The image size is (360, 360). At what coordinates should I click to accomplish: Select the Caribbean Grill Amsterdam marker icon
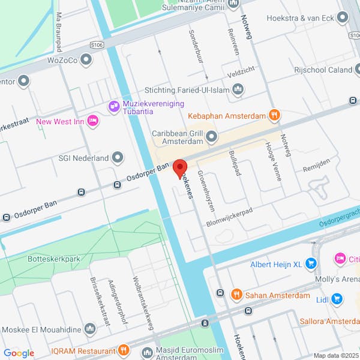point(211,137)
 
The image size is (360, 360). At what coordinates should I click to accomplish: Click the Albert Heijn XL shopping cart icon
point(310,263)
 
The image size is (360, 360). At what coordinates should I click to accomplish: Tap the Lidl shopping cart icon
point(337,298)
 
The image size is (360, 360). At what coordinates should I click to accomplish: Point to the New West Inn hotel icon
point(93,121)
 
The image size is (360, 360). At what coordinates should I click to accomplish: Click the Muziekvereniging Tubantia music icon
point(113,107)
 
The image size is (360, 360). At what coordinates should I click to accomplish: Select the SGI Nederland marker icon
point(118,158)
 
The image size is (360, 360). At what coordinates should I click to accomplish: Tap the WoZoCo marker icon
point(87,60)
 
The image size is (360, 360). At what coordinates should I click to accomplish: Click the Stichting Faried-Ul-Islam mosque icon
point(238,90)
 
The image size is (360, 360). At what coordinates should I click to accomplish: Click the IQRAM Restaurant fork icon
point(124,350)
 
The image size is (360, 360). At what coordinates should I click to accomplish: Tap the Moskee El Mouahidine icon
point(89,329)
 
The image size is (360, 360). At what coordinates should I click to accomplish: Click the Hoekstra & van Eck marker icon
point(342,18)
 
